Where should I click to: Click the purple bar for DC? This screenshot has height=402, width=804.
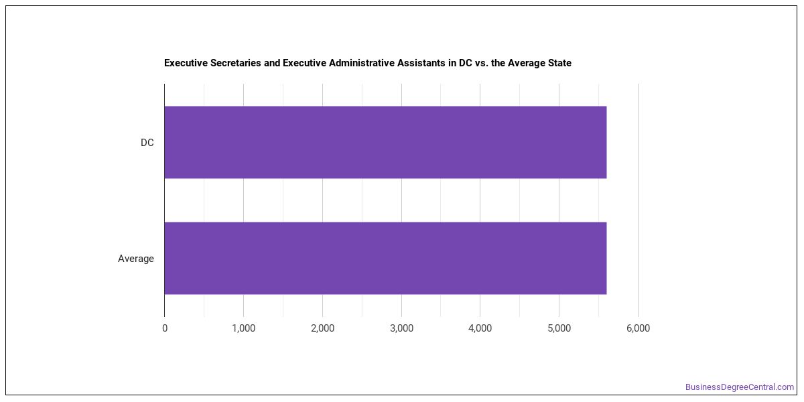tap(385, 142)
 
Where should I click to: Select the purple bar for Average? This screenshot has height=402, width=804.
tap(385, 258)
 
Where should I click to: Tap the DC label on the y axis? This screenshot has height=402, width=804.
tap(147, 143)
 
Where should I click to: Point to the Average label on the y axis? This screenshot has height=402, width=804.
tap(135, 259)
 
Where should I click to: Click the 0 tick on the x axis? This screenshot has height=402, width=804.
tap(165, 328)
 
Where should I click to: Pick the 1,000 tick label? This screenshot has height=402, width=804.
tap(244, 328)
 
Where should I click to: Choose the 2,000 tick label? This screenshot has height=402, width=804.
tap(323, 328)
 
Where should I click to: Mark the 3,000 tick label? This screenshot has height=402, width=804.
tap(401, 328)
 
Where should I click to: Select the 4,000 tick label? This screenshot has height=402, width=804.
tap(480, 328)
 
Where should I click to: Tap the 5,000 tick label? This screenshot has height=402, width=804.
tap(559, 328)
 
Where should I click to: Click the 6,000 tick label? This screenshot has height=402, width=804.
tap(638, 328)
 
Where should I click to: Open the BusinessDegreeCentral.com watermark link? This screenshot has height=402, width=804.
tap(740, 387)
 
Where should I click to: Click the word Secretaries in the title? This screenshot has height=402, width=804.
tap(235, 63)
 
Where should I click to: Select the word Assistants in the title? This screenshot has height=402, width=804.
tap(421, 63)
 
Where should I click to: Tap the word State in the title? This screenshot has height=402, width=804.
tap(559, 63)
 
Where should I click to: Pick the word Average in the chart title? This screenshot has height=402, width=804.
tap(527, 63)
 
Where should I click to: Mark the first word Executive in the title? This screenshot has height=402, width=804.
tap(186, 63)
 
